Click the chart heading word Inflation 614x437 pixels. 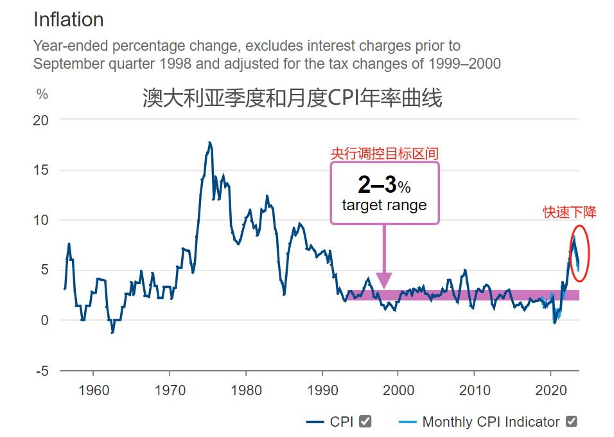coord(68,20)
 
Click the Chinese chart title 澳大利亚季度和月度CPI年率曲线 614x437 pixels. coord(292,98)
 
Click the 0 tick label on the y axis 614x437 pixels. coord(45,320)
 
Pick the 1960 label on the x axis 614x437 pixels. coord(93,389)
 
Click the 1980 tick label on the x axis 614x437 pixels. coord(245,389)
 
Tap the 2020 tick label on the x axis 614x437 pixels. coord(550,389)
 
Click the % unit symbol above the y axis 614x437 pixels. coord(42,94)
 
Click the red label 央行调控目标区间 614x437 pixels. coord(384,154)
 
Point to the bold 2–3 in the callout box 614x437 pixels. coord(377,185)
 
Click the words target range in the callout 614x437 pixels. coord(384,206)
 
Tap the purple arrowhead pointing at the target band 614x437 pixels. coord(384,281)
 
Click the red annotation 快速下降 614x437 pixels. coord(569,213)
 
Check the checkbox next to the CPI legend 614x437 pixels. coord(365,422)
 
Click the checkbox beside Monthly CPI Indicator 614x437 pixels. coord(571,422)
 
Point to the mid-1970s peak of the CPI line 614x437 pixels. coord(209,143)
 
